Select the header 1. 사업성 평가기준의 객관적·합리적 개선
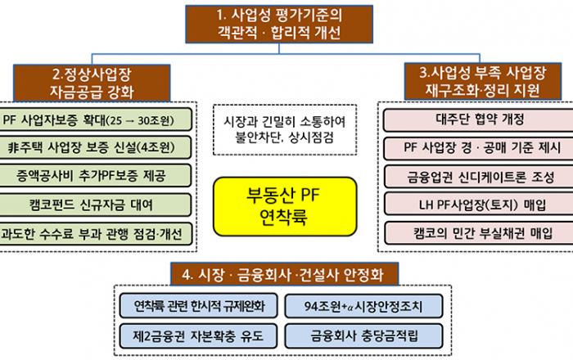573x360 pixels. coord(286,25)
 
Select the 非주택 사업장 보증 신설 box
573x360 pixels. coord(97,147)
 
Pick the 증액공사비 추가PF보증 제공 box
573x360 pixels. coord(97,175)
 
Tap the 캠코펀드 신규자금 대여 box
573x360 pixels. coord(97,204)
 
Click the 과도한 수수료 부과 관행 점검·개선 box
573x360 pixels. coord(97,232)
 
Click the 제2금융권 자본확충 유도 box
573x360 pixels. coord(199,335)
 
